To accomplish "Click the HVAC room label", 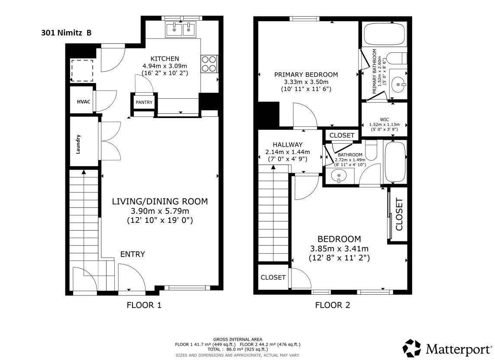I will (84, 101).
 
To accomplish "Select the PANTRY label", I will (144, 102).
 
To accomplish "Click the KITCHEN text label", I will (165, 59).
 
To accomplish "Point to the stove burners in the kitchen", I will (209, 64).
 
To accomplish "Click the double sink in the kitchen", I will (182, 29).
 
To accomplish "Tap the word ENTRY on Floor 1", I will (133, 254).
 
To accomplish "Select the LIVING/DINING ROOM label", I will (160, 201).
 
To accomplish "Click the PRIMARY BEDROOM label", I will (306, 74).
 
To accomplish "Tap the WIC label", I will (384, 119).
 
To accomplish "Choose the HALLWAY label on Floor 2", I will (287, 145).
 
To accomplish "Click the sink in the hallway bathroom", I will (339, 176).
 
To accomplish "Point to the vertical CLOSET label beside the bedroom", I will (399, 214).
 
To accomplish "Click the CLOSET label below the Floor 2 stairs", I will (273, 277).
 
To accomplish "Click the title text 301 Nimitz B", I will (66, 32).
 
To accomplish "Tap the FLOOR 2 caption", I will (332, 305).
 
